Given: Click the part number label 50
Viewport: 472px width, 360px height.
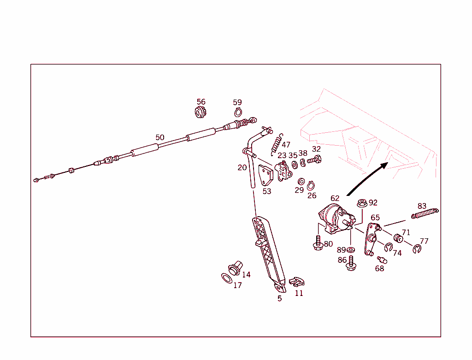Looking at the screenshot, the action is point(160,137).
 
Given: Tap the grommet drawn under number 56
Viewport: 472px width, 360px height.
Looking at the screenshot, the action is point(200,112).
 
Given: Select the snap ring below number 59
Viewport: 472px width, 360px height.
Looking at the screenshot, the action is point(238,112).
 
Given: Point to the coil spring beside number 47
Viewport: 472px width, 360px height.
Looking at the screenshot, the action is point(277,144).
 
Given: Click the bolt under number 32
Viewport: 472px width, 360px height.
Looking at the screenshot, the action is point(314,159).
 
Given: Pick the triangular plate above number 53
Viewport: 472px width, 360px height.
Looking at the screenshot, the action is point(266,175).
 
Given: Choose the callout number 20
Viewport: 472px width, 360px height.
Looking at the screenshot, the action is point(242,168).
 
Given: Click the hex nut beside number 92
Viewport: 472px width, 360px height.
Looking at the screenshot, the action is point(362,203).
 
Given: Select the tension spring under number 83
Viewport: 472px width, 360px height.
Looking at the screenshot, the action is point(425,213).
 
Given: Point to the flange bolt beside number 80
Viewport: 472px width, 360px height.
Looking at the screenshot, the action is point(318,243).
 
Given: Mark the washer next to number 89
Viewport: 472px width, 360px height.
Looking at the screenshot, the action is point(350,250).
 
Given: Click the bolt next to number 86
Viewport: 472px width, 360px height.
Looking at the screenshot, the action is point(351,263).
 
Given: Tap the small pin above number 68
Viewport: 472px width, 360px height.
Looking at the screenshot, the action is point(382,260).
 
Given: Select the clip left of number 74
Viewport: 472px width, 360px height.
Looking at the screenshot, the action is point(388,247).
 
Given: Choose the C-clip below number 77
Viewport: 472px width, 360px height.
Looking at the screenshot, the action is point(417,249).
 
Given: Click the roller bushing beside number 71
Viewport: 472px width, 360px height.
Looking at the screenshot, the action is point(398,238).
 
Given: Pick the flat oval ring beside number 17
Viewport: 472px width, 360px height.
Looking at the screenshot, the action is point(227,278).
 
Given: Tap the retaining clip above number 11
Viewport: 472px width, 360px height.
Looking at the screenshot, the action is point(297,282).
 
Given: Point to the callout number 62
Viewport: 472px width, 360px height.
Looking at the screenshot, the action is point(335,198).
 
